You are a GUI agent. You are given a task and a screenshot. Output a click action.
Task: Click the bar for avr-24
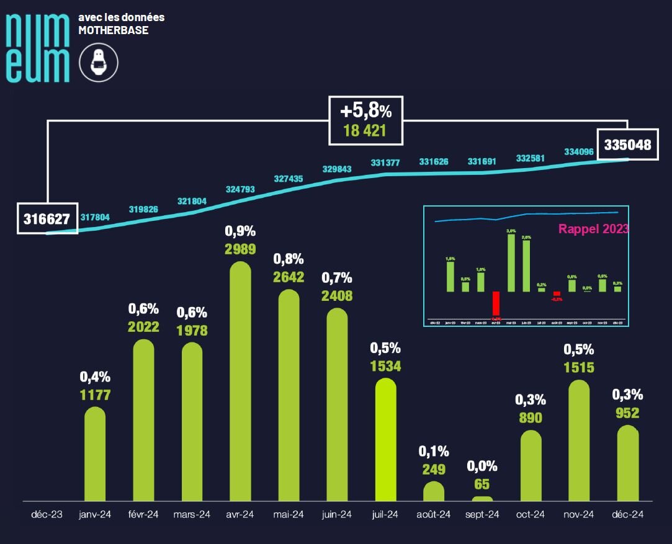pos(240,381)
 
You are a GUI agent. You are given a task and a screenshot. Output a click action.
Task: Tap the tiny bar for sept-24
pos(482,499)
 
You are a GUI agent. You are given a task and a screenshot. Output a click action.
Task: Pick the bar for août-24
pos(434,491)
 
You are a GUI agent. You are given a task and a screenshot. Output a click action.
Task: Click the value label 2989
pos(240,249)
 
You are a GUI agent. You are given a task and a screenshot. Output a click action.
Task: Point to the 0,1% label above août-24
pos(434,451)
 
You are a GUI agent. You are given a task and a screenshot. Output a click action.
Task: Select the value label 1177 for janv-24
pos(95,395)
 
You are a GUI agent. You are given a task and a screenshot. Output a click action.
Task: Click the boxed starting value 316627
pos(47,219)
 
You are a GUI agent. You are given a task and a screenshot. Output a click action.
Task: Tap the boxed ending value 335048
pos(627,145)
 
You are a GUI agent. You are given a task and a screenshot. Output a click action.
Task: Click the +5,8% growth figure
pos(366,112)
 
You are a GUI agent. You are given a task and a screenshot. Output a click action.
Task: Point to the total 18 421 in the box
pos(365,131)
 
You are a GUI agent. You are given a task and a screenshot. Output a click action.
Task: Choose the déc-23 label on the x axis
pos(47,514)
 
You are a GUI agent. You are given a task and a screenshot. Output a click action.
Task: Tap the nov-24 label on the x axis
pos(578,514)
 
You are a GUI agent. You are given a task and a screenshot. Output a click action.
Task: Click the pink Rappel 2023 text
pos(593,228)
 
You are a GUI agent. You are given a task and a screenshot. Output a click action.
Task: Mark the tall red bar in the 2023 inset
pos(496,305)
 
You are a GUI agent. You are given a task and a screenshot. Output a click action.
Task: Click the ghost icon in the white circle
pos(99,63)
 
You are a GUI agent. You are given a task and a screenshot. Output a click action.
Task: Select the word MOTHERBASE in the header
pos(113,30)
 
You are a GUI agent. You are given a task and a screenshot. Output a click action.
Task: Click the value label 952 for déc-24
pos(627,412)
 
